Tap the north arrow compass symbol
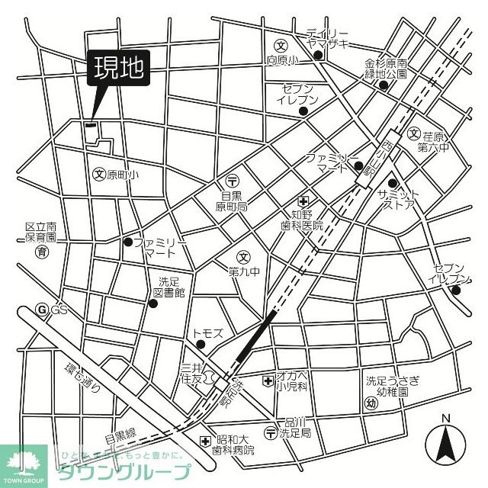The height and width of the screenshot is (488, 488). pyautogui.click(x=446, y=441)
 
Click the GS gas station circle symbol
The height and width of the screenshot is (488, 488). pyautogui.click(x=43, y=310)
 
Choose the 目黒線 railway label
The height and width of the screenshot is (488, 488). pyautogui.click(x=120, y=436)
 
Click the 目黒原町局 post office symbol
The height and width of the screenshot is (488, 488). pyautogui.click(x=233, y=181)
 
